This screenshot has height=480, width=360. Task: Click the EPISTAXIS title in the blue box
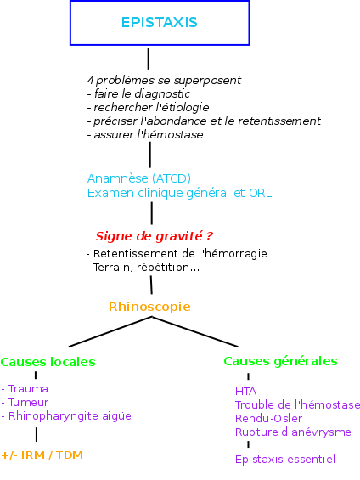pyautogui.click(x=160, y=22)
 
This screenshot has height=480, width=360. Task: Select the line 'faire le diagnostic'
pyautogui.click(x=138, y=93)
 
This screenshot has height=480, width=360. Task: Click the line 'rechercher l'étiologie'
pyautogui.click(x=148, y=107)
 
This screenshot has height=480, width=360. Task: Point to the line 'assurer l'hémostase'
pyautogui.click(x=145, y=134)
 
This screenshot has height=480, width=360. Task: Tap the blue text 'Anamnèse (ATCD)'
pyautogui.click(x=139, y=178)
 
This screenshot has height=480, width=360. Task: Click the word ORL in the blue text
pyautogui.click(x=261, y=193)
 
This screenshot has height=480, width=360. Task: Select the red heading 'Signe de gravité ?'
pyautogui.click(x=154, y=236)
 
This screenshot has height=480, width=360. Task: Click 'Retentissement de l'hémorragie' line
pyautogui.click(x=177, y=253)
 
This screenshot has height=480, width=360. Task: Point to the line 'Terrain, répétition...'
pyautogui.click(x=143, y=268)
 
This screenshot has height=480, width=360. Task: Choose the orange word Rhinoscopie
pyautogui.click(x=149, y=307)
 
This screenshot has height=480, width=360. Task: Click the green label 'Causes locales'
pyautogui.click(x=48, y=362)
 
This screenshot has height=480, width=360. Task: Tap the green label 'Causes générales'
pyautogui.click(x=280, y=361)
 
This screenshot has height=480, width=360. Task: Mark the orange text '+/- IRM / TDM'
pyautogui.click(x=42, y=455)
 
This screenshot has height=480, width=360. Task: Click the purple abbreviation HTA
pyautogui.click(x=246, y=392)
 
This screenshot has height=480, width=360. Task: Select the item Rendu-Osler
pyautogui.click(x=268, y=418)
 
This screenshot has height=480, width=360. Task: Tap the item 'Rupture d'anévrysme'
pyautogui.click(x=293, y=432)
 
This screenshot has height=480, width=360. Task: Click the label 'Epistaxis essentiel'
pyautogui.click(x=285, y=459)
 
